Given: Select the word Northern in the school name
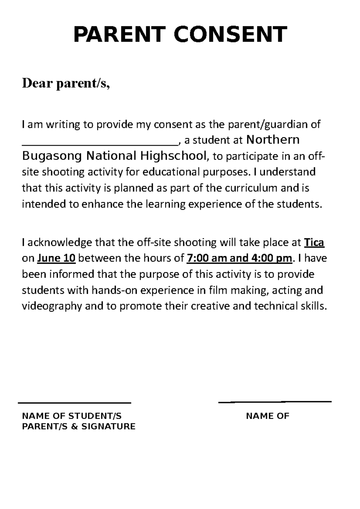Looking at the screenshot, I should [272, 140].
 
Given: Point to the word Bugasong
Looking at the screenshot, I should [52, 156].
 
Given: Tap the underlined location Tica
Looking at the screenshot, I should [314, 243].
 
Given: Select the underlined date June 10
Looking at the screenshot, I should [56, 258].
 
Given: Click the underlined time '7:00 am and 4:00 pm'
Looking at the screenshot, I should [239, 258].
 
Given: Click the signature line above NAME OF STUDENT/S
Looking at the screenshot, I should [74, 403].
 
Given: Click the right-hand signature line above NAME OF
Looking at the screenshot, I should [275, 402].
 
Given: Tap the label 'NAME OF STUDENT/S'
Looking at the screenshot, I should [72, 416].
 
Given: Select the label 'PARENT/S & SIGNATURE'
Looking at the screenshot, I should [79, 427].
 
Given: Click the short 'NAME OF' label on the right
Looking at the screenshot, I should [267, 416].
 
